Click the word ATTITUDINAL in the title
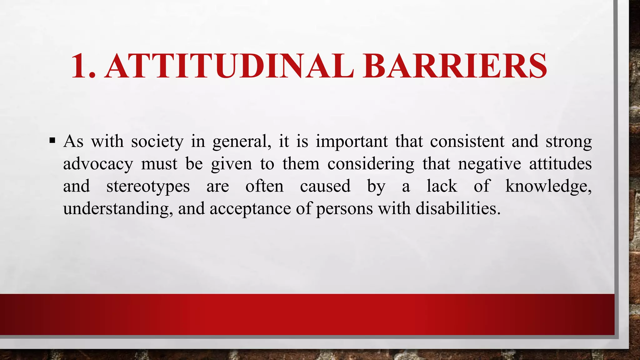230,66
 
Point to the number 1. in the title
83,66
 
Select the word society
157,142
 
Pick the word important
352,142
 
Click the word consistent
467,142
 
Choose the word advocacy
98,164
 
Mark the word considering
371,164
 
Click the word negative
490,164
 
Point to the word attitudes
560,164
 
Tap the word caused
325,186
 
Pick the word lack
442,186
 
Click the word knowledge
548,187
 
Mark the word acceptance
250,209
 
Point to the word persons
344,209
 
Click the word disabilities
458,208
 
